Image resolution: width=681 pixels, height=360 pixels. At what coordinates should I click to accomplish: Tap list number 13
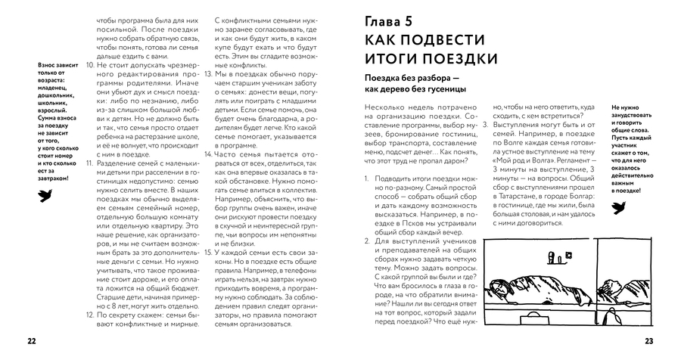(209, 76)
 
